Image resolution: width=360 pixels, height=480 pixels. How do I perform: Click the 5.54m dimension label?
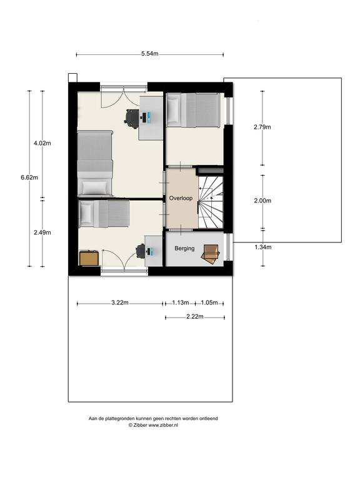point(150,54)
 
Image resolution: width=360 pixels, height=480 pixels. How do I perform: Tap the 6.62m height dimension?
point(29,177)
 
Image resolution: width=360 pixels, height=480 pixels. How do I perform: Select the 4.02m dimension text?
point(42,143)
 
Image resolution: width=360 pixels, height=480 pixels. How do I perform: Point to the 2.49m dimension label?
point(42,232)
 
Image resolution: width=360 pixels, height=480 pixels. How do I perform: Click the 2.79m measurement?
point(262,127)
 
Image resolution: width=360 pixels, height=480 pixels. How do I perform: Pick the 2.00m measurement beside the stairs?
point(262,201)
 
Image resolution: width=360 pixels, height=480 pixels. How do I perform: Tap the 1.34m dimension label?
point(263,247)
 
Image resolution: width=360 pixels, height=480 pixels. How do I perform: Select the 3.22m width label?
point(120,302)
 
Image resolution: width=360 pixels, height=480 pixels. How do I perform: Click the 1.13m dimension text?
point(180,302)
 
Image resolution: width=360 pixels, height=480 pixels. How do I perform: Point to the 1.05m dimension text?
point(209,302)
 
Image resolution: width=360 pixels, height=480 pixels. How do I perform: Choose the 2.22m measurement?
point(195,317)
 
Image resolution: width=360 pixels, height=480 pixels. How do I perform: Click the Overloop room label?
point(181,198)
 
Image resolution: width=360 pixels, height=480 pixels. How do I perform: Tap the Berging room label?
point(184,248)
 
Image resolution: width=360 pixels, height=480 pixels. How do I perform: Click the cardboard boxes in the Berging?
point(210,254)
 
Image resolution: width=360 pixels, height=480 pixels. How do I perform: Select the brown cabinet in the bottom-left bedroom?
point(89,258)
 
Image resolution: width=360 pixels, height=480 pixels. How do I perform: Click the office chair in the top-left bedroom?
point(132,117)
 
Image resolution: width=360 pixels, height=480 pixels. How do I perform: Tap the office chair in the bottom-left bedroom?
point(141,251)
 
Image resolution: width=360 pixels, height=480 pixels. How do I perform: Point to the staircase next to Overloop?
point(211,202)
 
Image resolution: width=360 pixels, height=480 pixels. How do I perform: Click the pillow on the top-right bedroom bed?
point(173,110)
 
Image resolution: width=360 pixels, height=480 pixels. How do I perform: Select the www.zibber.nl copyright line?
point(153,425)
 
